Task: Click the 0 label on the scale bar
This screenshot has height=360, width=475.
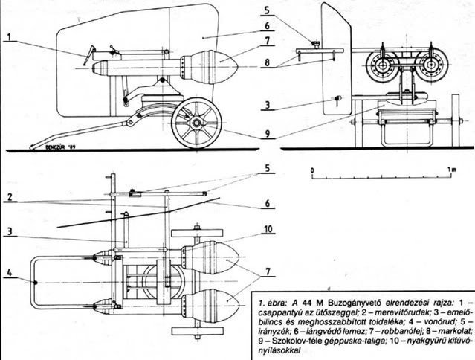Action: pyautogui.click(x=313, y=169)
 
